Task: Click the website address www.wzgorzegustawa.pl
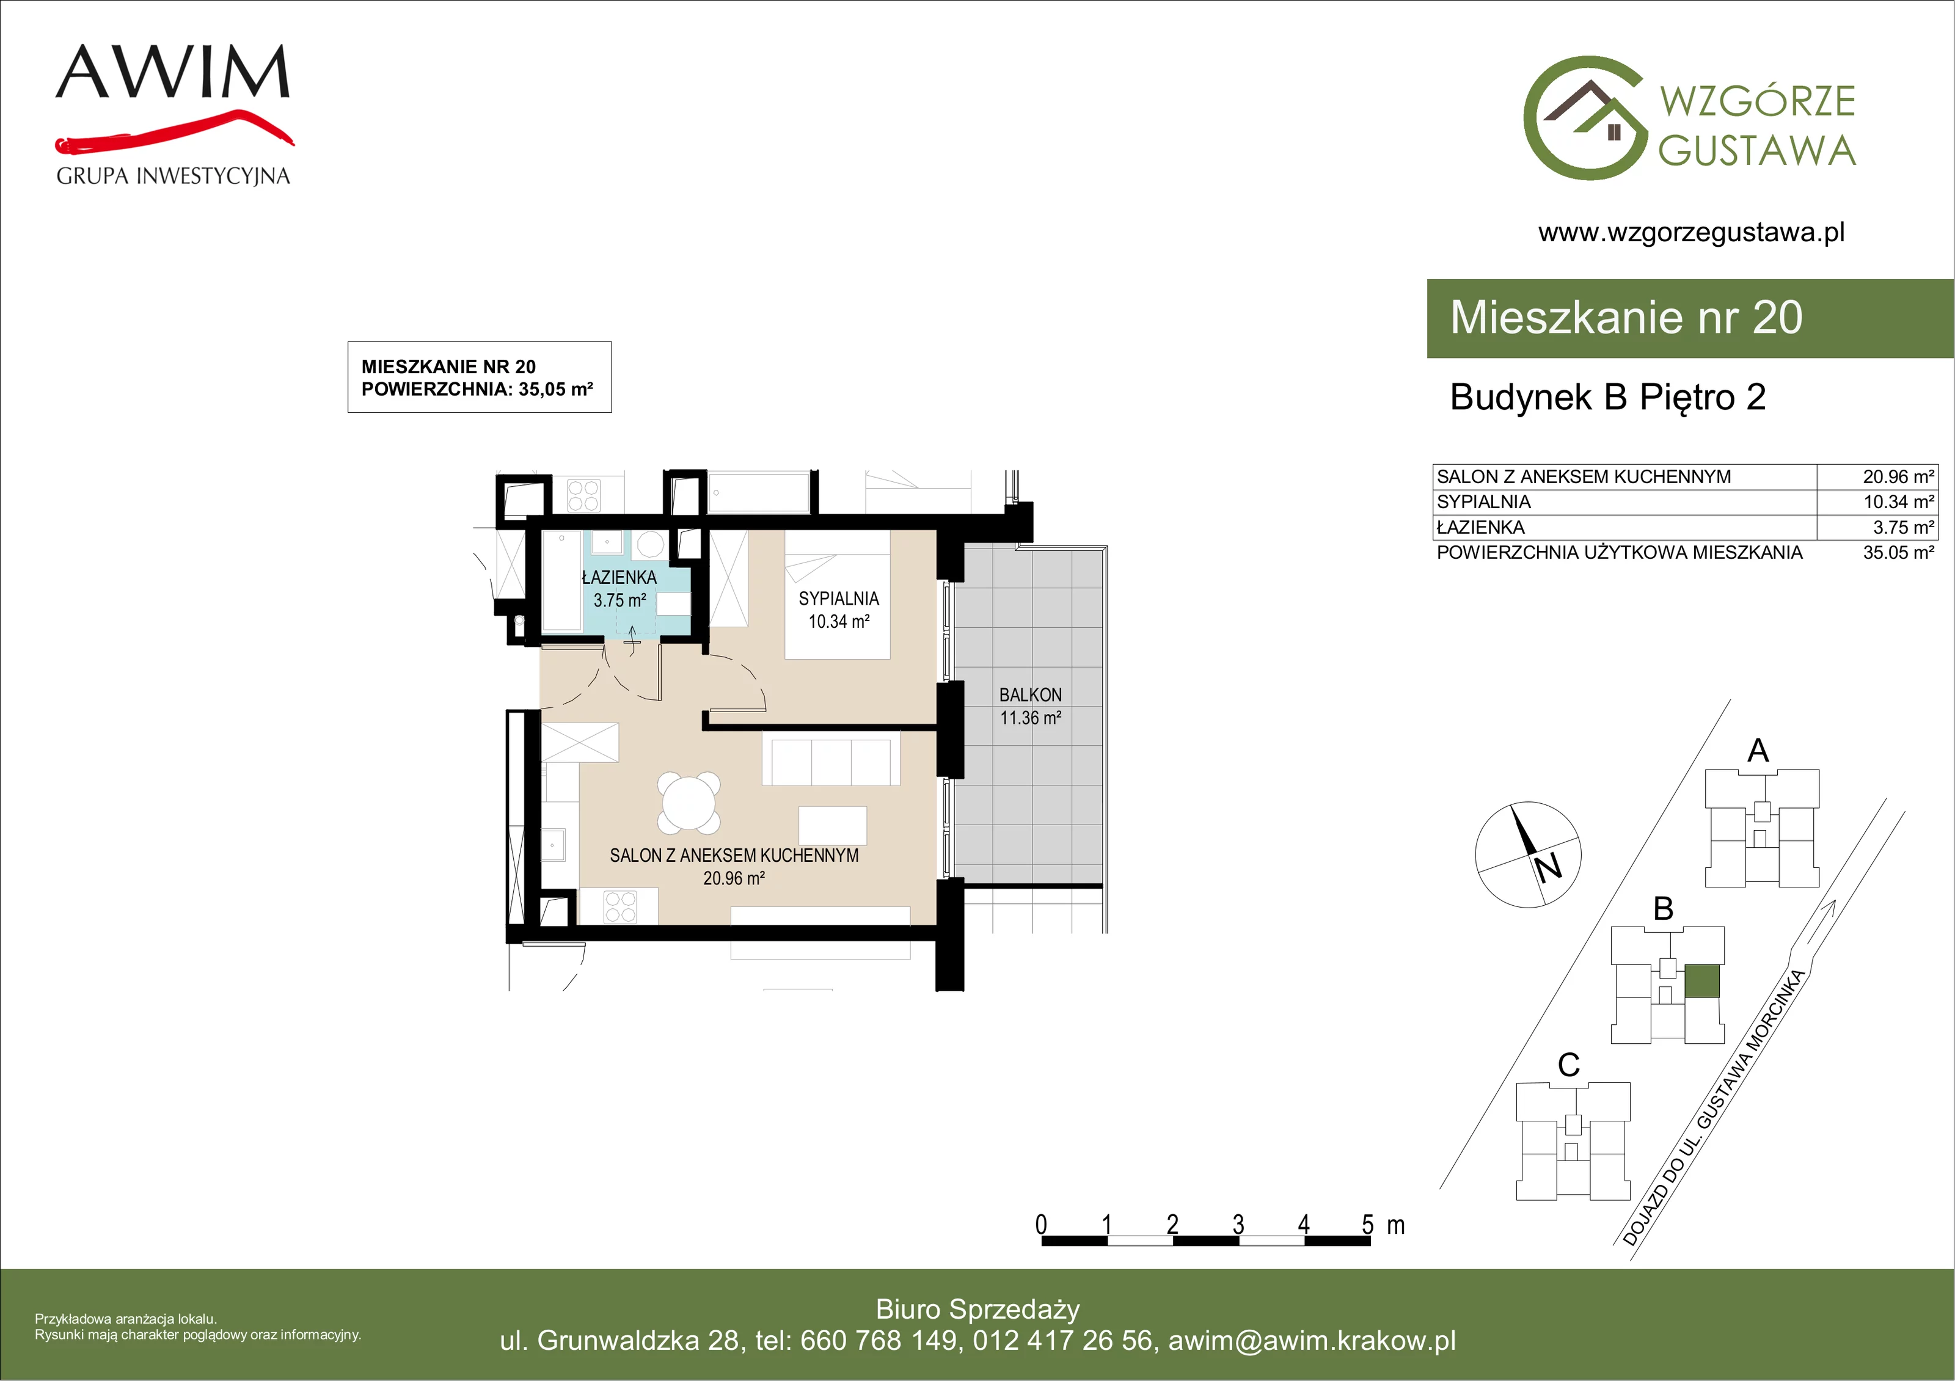[x=1691, y=233]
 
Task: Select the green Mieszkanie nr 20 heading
[x=1626, y=318]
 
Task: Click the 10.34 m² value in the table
[x=1899, y=502]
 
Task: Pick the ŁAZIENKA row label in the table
[x=1481, y=527]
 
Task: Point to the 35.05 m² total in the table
[x=1899, y=553]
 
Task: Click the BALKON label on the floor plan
[x=1030, y=694]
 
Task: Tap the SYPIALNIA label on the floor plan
[x=839, y=599]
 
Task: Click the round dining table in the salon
[x=689, y=804]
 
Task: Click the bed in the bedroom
[x=838, y=594]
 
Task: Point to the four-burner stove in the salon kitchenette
[x=620, y=906]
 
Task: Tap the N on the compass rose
[x=1548, y=867]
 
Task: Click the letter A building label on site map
[x=1758, y=750]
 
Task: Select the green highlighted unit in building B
[x=1702, y=981]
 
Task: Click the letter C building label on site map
[x=1568, y=1064]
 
